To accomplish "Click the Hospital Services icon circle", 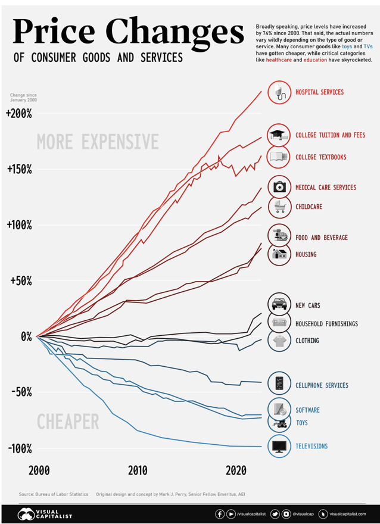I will click(x=279, y=92).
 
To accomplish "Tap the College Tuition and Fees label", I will click(x=330, y=135).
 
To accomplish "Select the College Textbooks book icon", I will click(x=279, y=157).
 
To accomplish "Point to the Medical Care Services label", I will click(x=326, y=188).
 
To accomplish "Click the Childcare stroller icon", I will click(x=279, y=207).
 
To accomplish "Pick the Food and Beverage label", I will click(x=322, y=238).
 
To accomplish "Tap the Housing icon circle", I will click(x=279, y=254).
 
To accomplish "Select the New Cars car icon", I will click(x=279, y=304).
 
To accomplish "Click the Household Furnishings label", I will click(x=326, y=324).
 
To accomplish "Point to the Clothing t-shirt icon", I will click(x=279, y=341).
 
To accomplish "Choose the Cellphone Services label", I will click(x=322, y=385).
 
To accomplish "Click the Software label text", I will click(x=307, y=410).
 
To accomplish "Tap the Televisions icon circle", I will click(x=279, y=446).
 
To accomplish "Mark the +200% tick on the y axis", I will click(x=20, y=113).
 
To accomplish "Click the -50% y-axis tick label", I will click(x=20, y=392).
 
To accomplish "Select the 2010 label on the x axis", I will click(x=138, y=470).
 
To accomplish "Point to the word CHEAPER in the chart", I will click(x=68, y=422).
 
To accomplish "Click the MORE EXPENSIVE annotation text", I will click(x=98, y=142).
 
